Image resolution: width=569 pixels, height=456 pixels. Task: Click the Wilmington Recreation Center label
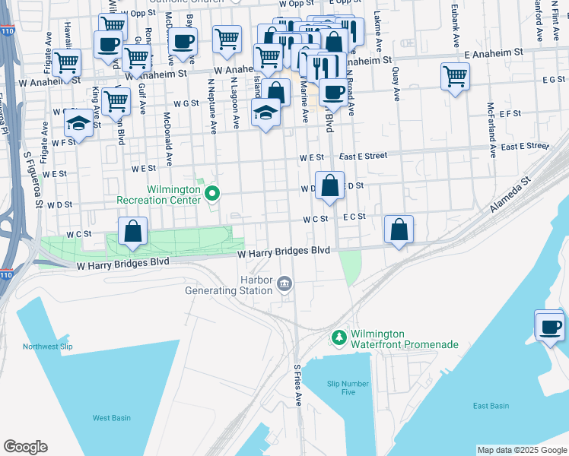(x=158, y=194)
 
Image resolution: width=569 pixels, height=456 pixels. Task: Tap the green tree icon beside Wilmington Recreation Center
(x=213, y=195)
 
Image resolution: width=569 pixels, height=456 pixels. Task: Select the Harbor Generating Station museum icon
(x=284, y=284)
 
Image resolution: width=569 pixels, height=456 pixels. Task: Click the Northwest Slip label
(x=50, y=347)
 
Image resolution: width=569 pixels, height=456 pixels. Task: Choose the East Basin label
(x=491, y=406)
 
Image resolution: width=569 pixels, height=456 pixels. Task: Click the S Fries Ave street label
(x=298, y=384)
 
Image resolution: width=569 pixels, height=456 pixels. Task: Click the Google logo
(x=25, y=447)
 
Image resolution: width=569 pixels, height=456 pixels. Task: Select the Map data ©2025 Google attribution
(x=521, y=450)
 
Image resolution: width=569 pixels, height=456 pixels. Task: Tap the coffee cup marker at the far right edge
(x=550, y=327)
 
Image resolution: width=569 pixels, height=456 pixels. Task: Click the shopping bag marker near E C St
(x=399, y=230)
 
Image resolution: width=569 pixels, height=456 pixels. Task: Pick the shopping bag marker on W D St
(x=329, y=185)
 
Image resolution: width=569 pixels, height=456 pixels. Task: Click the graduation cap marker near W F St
(x=78, y=122)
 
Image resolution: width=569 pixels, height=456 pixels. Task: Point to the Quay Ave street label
(x=396, y=84)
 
